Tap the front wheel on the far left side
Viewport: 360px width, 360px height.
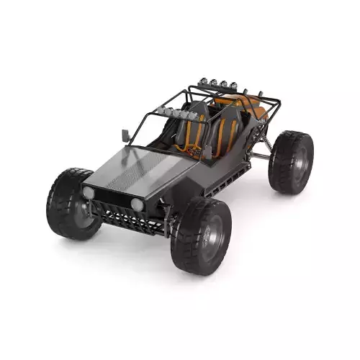[72, 203]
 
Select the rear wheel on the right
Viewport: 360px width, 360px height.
[291, 161]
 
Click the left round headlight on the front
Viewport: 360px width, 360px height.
[89, 193]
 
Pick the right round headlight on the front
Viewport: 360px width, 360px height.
[137, 204]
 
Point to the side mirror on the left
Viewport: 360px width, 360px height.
[125, 135]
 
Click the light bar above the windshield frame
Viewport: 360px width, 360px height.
[176, 112]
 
